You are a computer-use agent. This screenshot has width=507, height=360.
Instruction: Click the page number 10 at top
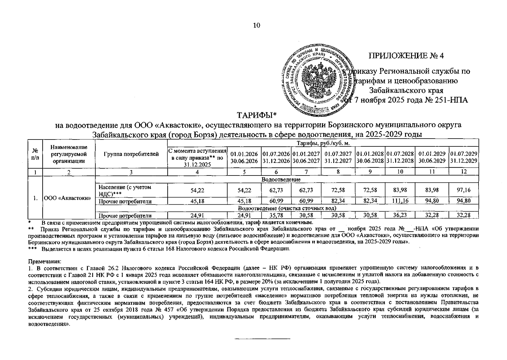[257, 25]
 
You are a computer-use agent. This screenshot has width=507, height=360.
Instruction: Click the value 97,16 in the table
[463, 190]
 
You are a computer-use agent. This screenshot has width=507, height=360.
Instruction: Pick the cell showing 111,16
[400, 201]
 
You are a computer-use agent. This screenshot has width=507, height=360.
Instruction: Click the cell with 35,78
[276, 215]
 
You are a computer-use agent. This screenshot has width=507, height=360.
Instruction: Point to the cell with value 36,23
[400, 215]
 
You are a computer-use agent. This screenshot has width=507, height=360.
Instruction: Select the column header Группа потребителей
[131, 154]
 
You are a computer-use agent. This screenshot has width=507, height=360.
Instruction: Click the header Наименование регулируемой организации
[69, 154]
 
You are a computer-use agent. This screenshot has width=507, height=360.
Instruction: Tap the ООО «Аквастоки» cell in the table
[68, 198]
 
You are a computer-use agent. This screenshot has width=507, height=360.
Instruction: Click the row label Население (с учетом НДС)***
[125, 190]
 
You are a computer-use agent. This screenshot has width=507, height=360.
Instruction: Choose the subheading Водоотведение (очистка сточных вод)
[287, 208]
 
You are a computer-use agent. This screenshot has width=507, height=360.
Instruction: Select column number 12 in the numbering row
[464, 172]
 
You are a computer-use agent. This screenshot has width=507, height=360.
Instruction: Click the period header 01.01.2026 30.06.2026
[244, 157]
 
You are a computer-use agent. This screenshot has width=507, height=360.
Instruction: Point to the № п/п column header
[35, 154]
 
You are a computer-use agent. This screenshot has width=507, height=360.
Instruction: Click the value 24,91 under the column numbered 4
[197, 215]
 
